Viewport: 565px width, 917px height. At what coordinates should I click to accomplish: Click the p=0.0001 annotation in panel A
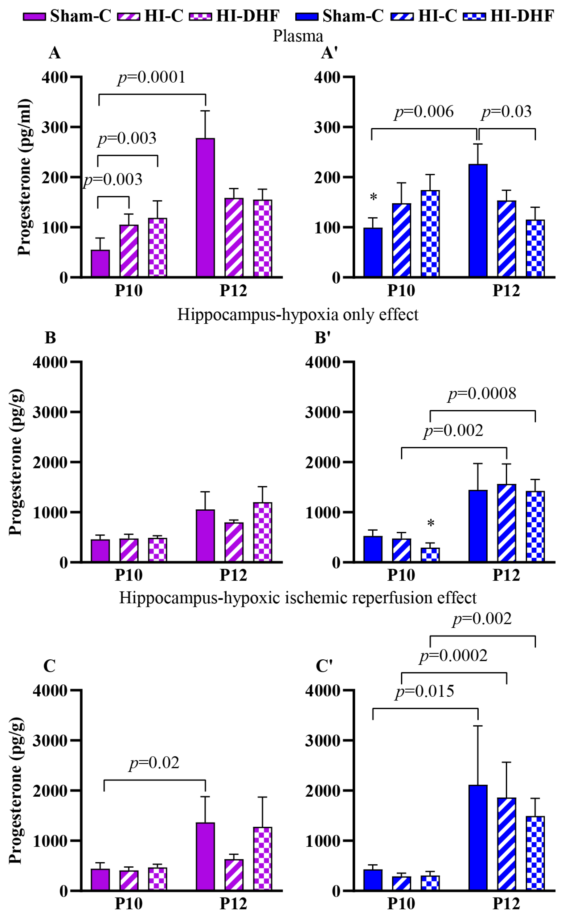151,77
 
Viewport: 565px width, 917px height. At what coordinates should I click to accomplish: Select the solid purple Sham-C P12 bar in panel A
206,208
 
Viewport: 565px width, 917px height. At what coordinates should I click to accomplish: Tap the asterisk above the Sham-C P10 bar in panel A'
373,197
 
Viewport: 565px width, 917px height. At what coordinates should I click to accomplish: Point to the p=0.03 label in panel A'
506,112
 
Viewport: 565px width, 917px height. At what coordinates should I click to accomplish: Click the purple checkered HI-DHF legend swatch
201,16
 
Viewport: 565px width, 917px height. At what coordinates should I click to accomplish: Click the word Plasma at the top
298,36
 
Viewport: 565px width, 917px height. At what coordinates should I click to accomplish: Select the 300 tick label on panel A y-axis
55,127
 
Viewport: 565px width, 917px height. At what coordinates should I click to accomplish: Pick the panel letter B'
322,338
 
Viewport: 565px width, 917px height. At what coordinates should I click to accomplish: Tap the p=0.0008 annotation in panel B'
482,394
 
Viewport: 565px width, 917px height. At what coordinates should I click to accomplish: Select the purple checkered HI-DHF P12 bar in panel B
263,532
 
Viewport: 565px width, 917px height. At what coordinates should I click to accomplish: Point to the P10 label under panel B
129,575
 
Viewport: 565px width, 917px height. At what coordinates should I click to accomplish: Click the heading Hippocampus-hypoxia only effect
298,314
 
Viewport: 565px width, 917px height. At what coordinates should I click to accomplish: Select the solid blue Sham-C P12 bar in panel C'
478,838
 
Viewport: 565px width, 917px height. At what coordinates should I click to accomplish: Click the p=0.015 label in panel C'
425,691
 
